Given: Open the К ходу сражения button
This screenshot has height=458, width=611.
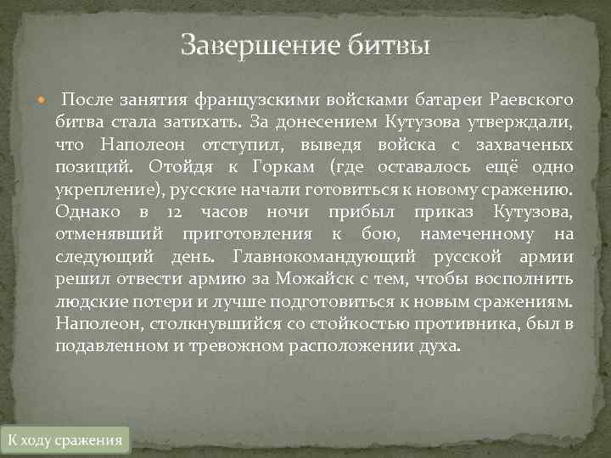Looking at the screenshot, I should coord(64,439).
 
